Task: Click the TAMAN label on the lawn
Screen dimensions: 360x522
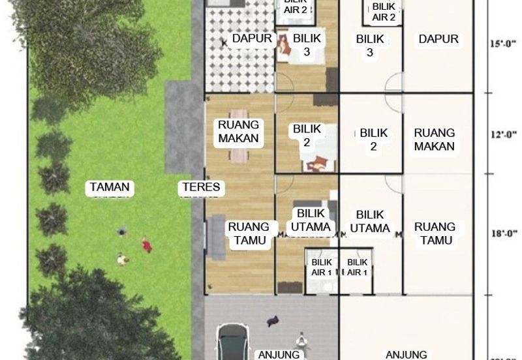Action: (x=110, y=188)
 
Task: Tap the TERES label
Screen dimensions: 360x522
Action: (x=201, y=188)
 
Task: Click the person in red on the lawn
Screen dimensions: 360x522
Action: (x=146, y=246)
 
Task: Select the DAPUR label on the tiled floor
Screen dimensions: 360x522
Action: (x=252, y=38)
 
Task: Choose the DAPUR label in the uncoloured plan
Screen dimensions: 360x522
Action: (x=438, y=39)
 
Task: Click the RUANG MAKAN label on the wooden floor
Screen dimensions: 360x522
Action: (x=239, y=131)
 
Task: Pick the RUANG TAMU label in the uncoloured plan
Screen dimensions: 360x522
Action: (x=435, y=233)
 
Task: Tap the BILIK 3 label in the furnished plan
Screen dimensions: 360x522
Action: (x=307, y=46)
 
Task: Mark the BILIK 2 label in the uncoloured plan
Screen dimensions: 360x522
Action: (x=373, y=140)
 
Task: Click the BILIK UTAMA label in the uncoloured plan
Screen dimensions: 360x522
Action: (x=370, y=221)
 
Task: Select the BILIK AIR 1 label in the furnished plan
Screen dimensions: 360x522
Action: (x=322, y=267)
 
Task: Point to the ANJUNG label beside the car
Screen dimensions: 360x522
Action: (x=279, y=355)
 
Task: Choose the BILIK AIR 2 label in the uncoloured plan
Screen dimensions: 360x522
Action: (x=384, y=12)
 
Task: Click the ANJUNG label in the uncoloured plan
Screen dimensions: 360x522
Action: (x=407, y=355)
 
